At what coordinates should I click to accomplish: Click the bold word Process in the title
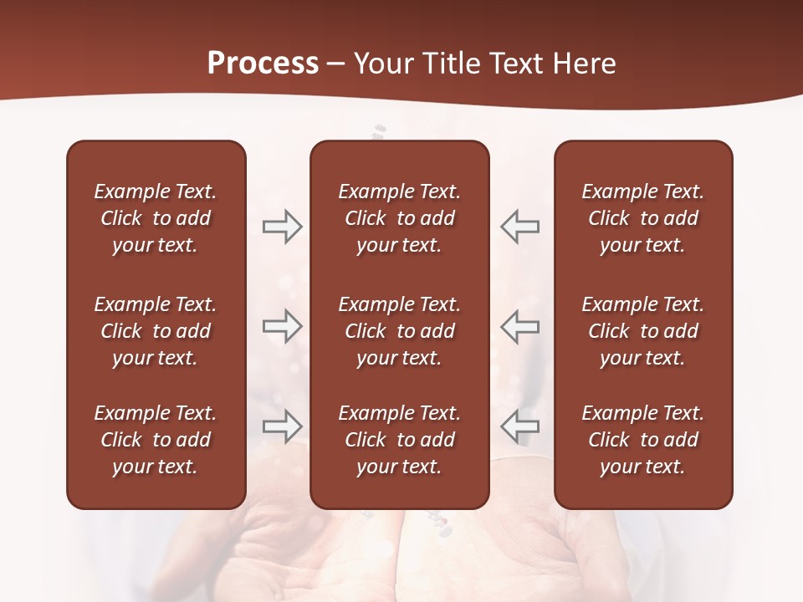(x=263, y=64)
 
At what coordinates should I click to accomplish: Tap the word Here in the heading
(x=585, y=64)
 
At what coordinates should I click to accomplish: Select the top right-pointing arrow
(x=282, y=227)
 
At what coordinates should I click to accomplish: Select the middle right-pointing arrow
(x=282, y=327)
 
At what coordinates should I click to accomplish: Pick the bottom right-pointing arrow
(x=282, y=426)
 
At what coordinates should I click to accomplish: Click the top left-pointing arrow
(x=519, y=227)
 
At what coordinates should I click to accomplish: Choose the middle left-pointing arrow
(x=519, y=327)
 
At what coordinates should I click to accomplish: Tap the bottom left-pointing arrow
(x=519, y=426)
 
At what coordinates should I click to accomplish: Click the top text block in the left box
(x=156, y=218)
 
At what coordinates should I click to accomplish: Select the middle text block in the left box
(x=156, y=331)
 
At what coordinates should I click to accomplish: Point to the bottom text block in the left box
(x=156, y=440)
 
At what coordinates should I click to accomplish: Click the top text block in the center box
(x=399, y=218)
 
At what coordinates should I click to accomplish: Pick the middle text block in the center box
(x=399, y=331)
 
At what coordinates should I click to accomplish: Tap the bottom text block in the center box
(x=399, y=440)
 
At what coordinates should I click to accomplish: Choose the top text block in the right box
(x=642, y=218)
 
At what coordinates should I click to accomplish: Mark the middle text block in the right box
(x=642, y=331)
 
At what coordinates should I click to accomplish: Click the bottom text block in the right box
(x=642, y=440)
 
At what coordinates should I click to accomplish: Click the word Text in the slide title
(x=519, y=64)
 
